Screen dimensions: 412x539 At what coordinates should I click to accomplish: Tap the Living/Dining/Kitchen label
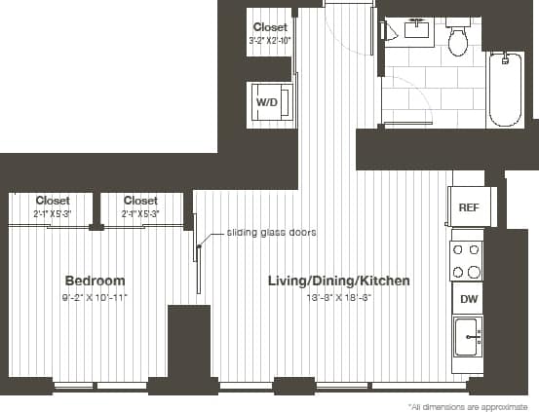pos(338,281)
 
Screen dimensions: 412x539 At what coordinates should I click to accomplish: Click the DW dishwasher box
pos(469,299)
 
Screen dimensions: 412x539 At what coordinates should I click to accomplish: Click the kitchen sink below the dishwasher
pos(468,339)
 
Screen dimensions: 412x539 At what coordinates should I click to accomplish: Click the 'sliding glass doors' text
pos(272,233)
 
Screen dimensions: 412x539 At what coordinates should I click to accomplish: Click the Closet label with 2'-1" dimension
pos(53,201)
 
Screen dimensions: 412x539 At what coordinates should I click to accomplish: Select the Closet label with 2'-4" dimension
pos(140,201)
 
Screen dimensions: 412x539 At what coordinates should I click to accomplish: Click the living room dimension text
pos(338,295)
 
